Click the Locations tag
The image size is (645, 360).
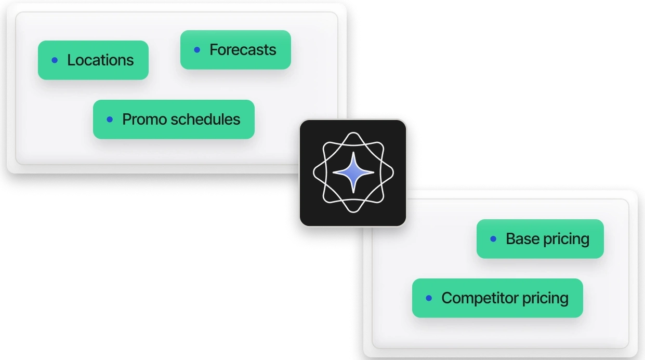click(x=93, y=60)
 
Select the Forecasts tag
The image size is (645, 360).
click(x=235, y=50)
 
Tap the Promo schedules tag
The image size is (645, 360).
click(x=174, y=119)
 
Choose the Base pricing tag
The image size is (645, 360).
click(x=540, y=239)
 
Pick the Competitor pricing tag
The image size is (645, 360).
click(x=497, y=298)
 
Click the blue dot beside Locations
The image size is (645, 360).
click(x=55, y=60)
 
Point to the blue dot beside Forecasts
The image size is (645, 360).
click(x=197, y=50)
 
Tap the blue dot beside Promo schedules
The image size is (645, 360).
click(x=110, y=119)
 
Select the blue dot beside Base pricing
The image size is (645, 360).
click(x=493, y=239)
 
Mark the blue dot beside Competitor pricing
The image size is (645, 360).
click(x=429, y=298)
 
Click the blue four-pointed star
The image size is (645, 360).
click(x=353, y=172)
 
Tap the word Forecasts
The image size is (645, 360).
click(x=243, y=50)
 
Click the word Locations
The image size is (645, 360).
click(x=100, y=60)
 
